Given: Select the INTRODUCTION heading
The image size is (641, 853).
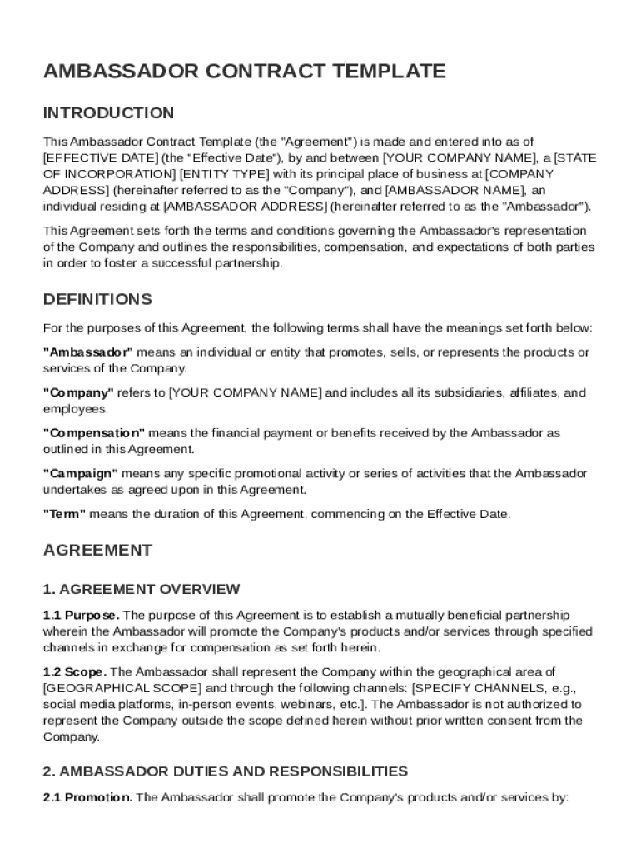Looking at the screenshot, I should point(108,113).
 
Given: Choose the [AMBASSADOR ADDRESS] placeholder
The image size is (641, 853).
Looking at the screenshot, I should point(246,206).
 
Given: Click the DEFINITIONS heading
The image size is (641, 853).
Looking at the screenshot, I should point(97,299).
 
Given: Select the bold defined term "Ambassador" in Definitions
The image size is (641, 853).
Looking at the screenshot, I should point(87,352).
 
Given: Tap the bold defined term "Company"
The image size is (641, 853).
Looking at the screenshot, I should point(78,392).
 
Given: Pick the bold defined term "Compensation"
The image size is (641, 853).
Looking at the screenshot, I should point(94,433).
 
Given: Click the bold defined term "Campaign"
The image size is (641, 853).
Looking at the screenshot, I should point(81,473).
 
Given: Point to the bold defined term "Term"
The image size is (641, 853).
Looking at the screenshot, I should point(64,514).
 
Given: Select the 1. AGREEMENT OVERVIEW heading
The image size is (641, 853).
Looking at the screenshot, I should point(142,590).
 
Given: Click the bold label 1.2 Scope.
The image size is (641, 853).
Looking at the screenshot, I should point(74,671).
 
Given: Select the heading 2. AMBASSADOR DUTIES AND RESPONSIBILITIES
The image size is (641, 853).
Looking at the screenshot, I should point(226,771).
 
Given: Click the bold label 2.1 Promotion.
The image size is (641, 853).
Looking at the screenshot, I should point(87,797).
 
